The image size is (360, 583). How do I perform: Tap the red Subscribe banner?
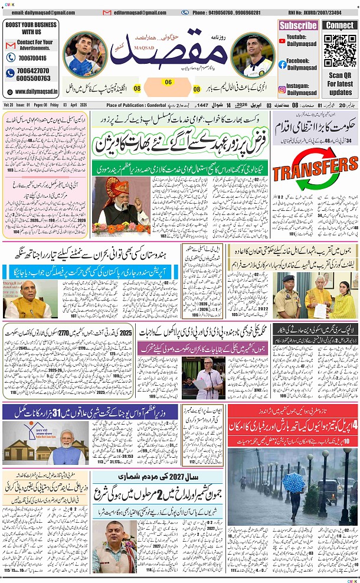pyautogui.click(x=298, y=25)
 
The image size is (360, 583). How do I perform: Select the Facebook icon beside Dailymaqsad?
pyautogui.click(x=283, y=64)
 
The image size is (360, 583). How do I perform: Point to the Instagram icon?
pyautogui.click(x=283, y=89)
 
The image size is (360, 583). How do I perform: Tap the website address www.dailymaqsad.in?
pyautogui.click(x=36, y=92)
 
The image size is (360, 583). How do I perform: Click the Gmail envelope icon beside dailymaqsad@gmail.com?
pyautogui.click(x=6, y=12)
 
